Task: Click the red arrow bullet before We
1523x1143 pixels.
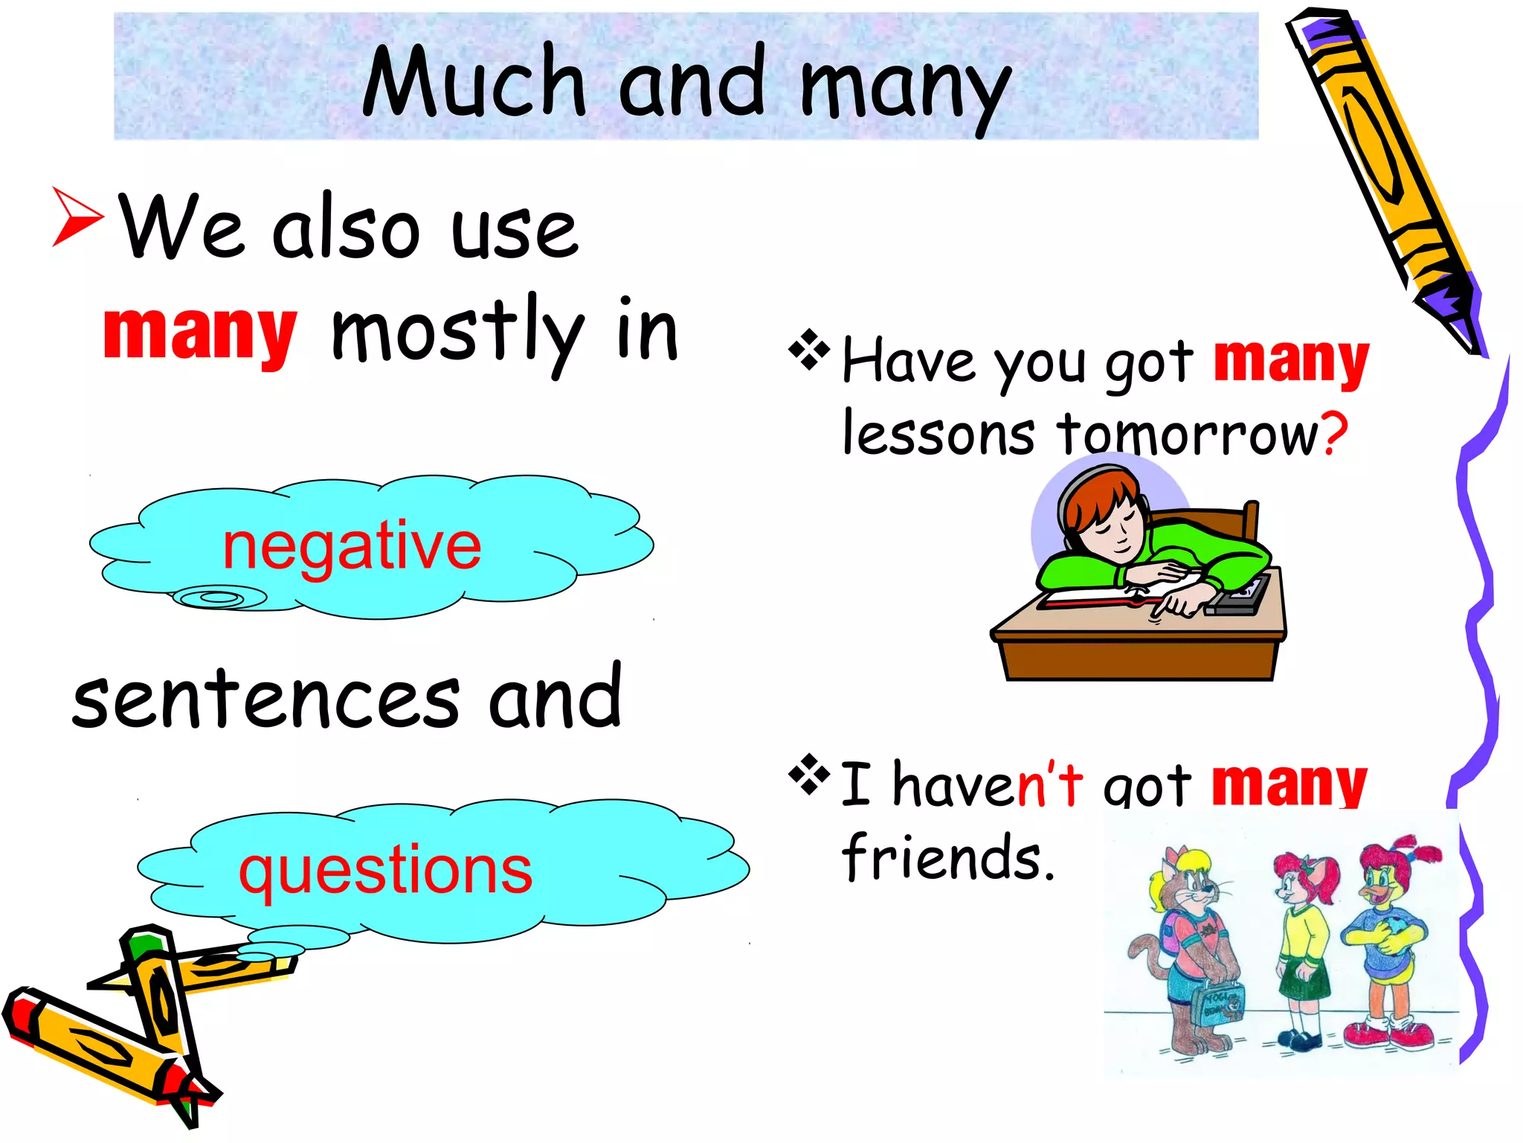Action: (76, 217)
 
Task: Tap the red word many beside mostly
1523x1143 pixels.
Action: (199, 332)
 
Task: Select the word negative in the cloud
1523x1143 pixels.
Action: (352, 546)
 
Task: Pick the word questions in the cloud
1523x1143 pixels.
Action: (385, 871)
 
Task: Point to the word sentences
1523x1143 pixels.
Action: (265, 699)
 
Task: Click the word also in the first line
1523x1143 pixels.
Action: (347, 231)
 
